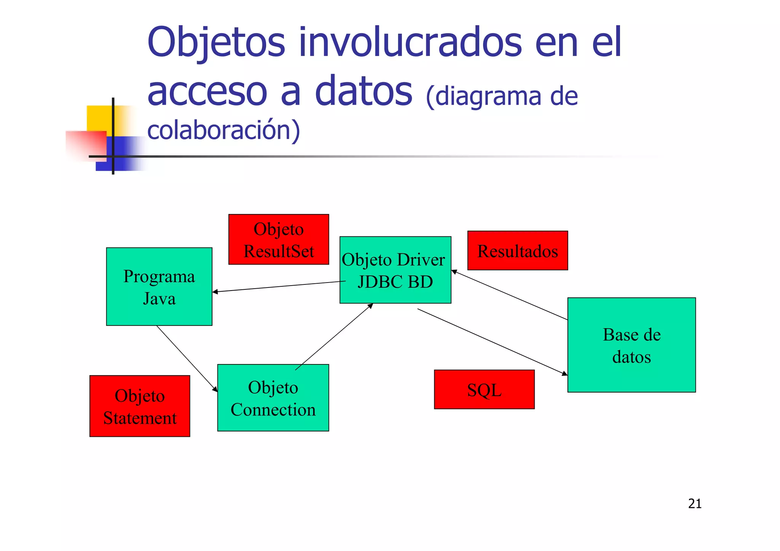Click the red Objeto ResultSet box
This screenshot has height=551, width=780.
(x=278, y=239)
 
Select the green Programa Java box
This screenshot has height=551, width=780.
(x=159, y=286)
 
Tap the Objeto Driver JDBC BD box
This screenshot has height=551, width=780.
(x=395, y=270)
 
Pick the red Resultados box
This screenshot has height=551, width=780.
(x=517, y=251)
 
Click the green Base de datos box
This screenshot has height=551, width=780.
(x=631, y=345)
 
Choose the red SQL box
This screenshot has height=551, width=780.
(x=484, y=389)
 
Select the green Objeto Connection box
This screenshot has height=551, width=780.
(x=273, y=398)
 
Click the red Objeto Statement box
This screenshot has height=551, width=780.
(x=139, y=406)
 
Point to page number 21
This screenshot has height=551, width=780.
(x=695, y=503)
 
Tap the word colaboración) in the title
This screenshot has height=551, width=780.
(x=224, y=130)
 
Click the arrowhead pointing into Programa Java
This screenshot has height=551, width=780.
(x=215, y=292)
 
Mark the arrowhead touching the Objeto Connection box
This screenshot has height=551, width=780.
(x=215, y=389)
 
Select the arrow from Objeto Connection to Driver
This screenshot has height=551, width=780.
(x=333, y=337)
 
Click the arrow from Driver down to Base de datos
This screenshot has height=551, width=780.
(x=491, y=342)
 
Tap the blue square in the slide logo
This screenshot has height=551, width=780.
(x=122, y=154)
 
